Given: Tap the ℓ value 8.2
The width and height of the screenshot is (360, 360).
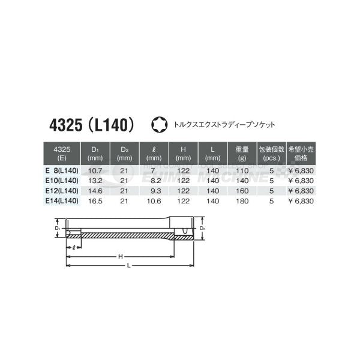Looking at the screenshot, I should tap(154, 181).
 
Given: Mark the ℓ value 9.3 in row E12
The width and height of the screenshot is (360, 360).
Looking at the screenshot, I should tap(154, 190).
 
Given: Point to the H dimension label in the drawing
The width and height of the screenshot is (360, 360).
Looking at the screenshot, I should tap(120, 257).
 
